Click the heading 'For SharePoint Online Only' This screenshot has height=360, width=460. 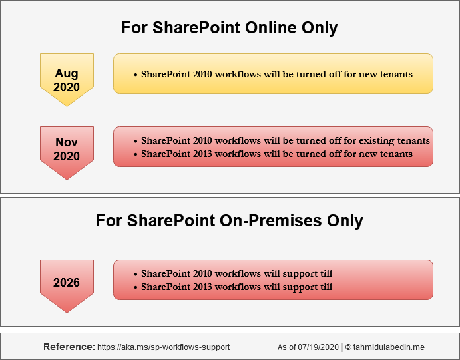(x=230, y=28)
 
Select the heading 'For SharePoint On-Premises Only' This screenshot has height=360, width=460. (x=230, y=220)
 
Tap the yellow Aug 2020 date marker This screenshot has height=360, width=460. (x=67, y=80)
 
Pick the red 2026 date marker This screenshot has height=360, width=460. (x=67, y=285)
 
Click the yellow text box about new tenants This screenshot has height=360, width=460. (x=273, y=74)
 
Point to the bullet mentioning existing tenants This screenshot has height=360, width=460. (x=285, y=140)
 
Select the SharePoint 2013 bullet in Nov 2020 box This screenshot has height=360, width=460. (x=276, y=154)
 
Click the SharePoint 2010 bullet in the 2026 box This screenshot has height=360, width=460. (x=236, y=273)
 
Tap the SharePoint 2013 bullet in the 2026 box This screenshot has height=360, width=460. (x=236, y=287)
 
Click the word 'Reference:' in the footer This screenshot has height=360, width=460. (x=69, y=347)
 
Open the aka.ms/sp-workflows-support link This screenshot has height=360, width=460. (x=164, y=347)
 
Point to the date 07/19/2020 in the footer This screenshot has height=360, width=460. (x=318, y=347)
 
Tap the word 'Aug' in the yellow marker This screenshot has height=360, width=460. (x=67, y=73)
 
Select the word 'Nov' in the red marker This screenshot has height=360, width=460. (x=67, y=142)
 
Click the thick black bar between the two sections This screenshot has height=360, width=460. (x=230, y=196)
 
